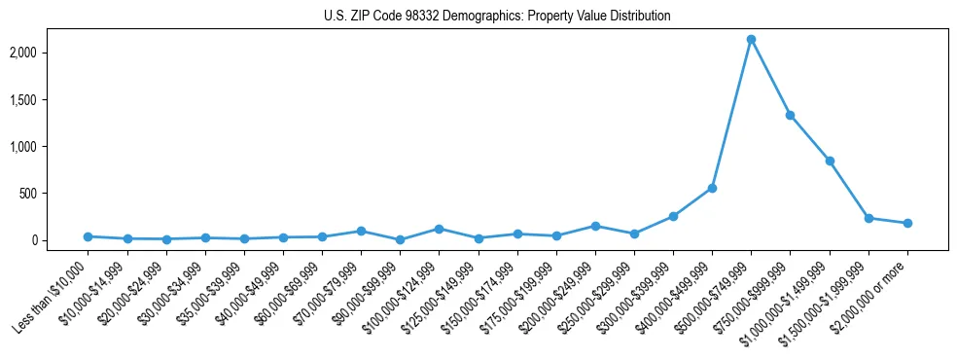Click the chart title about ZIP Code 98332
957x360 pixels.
click(497, 17)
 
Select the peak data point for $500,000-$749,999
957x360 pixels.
click(751, 40)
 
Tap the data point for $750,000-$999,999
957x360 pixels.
click(791, 115)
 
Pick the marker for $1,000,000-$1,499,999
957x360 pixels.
click(830, 161)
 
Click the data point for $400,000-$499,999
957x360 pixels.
click(712, 188)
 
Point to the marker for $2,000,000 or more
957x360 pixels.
click(907, 223)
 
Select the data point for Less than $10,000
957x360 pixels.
click(88, 236)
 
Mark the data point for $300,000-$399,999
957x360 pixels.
click(673, 216)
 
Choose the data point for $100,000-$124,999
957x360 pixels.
click(439, 229)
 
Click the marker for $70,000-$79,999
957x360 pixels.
click(361, 231)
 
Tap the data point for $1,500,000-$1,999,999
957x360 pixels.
click(868, 218)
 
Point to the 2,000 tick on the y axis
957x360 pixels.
click(49, 53)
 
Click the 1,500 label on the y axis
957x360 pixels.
click(49, 100)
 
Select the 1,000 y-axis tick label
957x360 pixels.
click(49, 147)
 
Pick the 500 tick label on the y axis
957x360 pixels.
click(53, 194)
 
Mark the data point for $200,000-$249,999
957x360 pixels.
click(595, 226)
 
